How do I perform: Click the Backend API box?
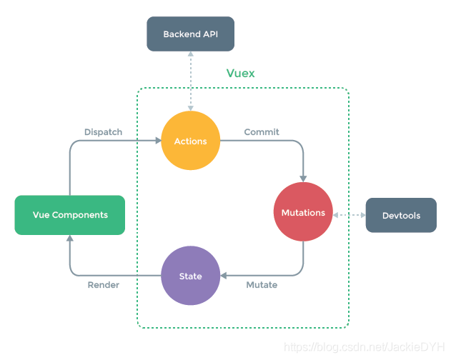tap(190, 34)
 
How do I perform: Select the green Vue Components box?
tap(70, 215)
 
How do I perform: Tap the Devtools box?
tap(401, 215)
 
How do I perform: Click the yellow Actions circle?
tap(190, 141)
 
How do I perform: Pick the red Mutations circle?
tap(303, 212)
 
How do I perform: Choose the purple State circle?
tap(190, 276)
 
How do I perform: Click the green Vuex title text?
tap(240, 74)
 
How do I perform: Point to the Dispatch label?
tap(103, 132)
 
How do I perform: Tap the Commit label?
tap(262, 132)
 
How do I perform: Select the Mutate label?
tap(262, 285)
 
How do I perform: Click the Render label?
tap(103, 285)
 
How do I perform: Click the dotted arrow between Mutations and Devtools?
tap(349, 214)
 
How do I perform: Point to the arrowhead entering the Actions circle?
tap(157, 141)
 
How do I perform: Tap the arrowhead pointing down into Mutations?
tap(304, 178)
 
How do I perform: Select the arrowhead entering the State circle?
tap(224, 276)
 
